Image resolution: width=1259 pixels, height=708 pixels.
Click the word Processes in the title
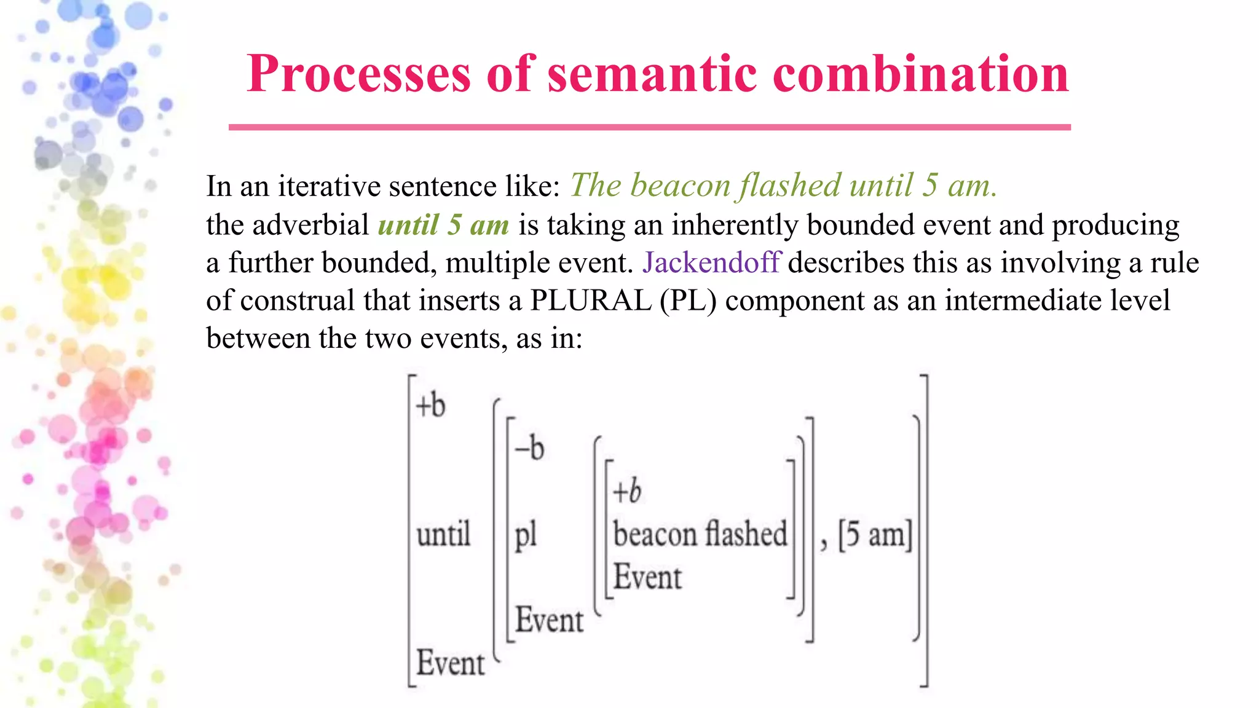pos(358,74)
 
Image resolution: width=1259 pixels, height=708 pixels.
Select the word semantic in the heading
pos(651,74)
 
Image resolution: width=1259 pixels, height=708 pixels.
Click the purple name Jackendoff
pos(711,263)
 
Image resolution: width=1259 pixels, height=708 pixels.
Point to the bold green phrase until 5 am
pos(443,225)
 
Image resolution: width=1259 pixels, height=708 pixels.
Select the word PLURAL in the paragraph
pos(590,301)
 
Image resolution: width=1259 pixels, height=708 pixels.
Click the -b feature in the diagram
pos(530,448)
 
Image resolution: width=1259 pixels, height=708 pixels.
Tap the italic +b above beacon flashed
pos(627,491)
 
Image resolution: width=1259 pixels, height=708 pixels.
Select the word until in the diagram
pos(443,534)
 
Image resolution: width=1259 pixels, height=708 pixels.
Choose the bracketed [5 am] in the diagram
pos(875,534)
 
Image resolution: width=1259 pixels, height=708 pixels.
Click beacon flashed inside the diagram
pos(700,534)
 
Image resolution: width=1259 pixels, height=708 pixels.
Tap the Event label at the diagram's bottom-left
pos(451,663)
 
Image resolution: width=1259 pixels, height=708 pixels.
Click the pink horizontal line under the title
pos(649,127)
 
